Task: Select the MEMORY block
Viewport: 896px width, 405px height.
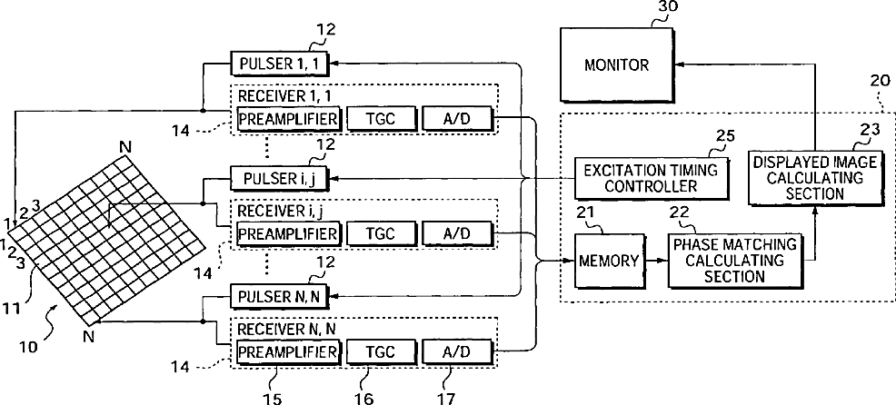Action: (x=609, y=261)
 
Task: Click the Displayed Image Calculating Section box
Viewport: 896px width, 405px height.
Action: (x=813, y=178)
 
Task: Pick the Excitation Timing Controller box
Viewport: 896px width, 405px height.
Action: (x=652, y=178)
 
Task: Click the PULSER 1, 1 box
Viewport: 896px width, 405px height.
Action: (x=280, y=63)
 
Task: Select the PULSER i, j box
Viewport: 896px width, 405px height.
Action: (x=280, y=178)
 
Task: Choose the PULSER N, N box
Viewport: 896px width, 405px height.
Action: (x=280, y=296)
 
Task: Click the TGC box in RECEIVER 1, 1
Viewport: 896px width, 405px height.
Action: (x=380, y=118)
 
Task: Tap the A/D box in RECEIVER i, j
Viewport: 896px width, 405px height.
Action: (x=456, y=233)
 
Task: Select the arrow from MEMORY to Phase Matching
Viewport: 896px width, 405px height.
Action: (x=656, y=261)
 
